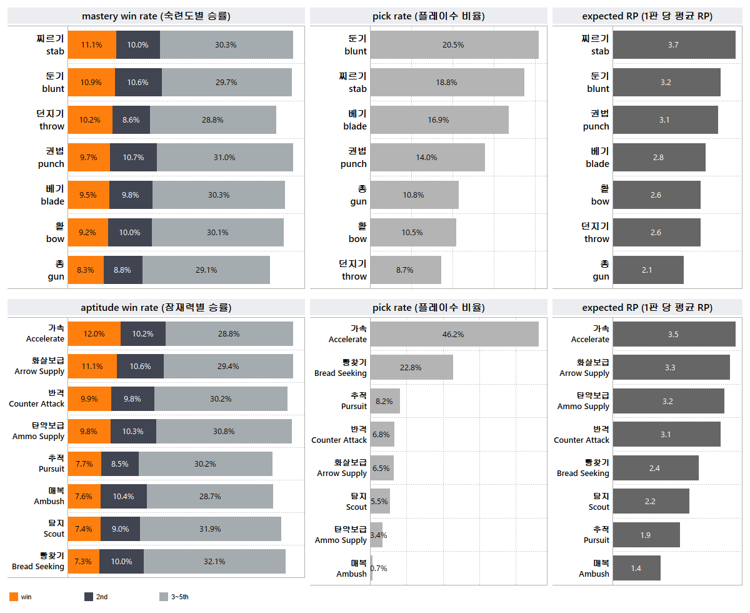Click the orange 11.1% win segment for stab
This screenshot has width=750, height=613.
(x=92, y=45)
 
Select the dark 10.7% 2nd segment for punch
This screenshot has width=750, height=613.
(x=133, y=158)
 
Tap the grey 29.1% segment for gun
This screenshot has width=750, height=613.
(x=206, y=270)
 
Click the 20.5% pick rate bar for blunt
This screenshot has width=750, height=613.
(x=454, y=45)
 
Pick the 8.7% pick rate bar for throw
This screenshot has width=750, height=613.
(x=406, y=270)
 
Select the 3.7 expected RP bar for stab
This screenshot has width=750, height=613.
(x=674, y=45)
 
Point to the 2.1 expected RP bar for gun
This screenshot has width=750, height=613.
(x=648, y=270)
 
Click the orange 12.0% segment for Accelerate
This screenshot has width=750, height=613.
(x=94, y=334)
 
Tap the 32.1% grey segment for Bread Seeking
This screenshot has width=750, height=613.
(x=214, y=562)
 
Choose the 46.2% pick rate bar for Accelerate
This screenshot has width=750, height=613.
(x=454, y=334)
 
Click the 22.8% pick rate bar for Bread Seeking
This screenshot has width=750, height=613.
(x=411, y=368)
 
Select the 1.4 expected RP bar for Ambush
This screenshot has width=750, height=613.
(x=636, y=569)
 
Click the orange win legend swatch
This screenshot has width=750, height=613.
(x=14, y=597)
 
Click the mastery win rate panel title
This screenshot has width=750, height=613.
(x=156, y=16)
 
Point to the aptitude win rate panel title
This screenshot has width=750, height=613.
(x=156, y=308)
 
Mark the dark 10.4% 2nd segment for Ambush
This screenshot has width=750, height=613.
(x=124, y=497)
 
